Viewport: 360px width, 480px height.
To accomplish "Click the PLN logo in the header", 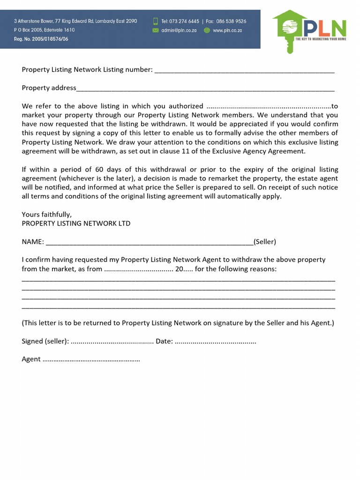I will click(x=309, y=30).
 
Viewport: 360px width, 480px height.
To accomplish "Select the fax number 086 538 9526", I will click(x=231, y=21).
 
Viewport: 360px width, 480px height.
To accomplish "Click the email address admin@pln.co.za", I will click(x=179, y=30).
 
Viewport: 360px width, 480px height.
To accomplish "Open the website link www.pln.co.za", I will click(x=227, y=30).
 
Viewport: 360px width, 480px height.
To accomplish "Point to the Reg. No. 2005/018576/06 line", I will click(x=41, y=39).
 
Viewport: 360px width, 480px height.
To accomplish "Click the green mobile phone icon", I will click(x=156, y=21).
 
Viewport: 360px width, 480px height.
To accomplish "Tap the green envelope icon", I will click(x=156, y=30).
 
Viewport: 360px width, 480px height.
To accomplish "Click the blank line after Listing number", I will click(x=244, y=70).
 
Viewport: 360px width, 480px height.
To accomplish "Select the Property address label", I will click(x=49, y=88).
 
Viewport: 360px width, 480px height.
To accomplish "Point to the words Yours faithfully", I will click(x=47, y=214).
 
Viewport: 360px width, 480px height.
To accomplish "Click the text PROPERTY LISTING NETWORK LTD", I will click(x=76, y=223).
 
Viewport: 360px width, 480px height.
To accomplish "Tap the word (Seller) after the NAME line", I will click(x=265, y=242).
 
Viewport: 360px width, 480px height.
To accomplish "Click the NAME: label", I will click(x=33, y=242).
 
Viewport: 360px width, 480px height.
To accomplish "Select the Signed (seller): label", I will click(x=45, y=341).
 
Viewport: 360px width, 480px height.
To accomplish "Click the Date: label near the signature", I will click(x=164, y=341).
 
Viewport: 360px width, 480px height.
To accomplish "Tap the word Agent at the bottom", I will click(x=31, y=359).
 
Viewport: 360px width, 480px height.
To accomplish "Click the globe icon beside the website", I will click(x=207, y=30).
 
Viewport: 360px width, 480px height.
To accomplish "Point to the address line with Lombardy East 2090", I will click(x=75, y=21).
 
